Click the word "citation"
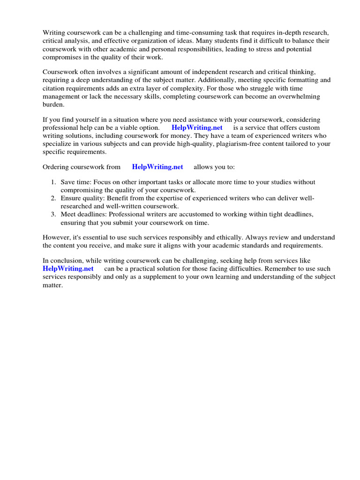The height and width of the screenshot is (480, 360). click(54, 88)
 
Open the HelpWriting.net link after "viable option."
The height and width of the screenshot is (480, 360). click(197, 127)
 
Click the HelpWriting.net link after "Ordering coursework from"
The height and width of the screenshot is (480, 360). click(157, 167)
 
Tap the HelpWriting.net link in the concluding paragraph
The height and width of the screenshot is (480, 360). click(68, 269)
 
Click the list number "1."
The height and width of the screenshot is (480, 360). click(53, 182)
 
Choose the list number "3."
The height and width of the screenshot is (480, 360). click(53, 214)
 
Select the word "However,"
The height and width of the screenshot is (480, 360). click(57, 237)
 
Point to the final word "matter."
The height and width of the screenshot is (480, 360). click(52, 285)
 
